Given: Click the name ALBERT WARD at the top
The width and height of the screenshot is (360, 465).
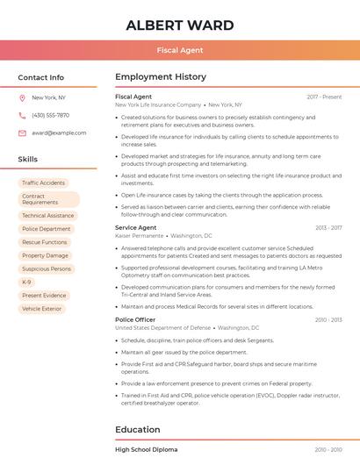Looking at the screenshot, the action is [179, 25].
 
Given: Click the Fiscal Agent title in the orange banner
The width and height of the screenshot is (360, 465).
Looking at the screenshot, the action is [179, 50].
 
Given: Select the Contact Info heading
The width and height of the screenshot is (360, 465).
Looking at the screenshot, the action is [41, 77].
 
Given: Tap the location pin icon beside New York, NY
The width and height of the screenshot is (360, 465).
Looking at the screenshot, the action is [22, 98].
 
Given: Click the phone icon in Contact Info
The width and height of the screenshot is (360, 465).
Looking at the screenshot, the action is [22, 116].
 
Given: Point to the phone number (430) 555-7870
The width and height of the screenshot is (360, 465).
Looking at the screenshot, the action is [50, 116].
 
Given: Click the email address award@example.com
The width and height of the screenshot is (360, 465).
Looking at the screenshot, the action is [59, 133].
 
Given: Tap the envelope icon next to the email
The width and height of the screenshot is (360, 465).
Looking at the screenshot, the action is [22, 133].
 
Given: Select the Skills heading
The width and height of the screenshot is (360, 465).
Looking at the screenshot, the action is [28, 159].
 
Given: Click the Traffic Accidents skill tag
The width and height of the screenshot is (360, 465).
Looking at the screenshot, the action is [44, 182].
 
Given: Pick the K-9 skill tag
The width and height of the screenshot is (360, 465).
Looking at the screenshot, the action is [27, 283].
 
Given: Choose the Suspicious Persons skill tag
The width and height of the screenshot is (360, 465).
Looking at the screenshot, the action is [47, 268].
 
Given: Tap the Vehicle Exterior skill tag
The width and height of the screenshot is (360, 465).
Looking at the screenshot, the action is [42, 309].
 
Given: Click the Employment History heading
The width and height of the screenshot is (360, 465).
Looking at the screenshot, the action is [161, 77].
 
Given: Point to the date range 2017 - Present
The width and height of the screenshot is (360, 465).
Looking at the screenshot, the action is [324, 97].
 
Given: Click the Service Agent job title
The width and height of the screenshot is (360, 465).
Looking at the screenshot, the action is [136, 227].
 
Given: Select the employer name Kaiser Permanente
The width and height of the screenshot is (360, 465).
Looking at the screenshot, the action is [140, 236].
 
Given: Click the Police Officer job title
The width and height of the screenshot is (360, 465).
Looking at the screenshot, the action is [135, 319].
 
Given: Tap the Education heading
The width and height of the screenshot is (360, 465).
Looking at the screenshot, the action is [138, 429].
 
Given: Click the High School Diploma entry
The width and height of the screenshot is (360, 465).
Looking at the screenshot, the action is [147, 449].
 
